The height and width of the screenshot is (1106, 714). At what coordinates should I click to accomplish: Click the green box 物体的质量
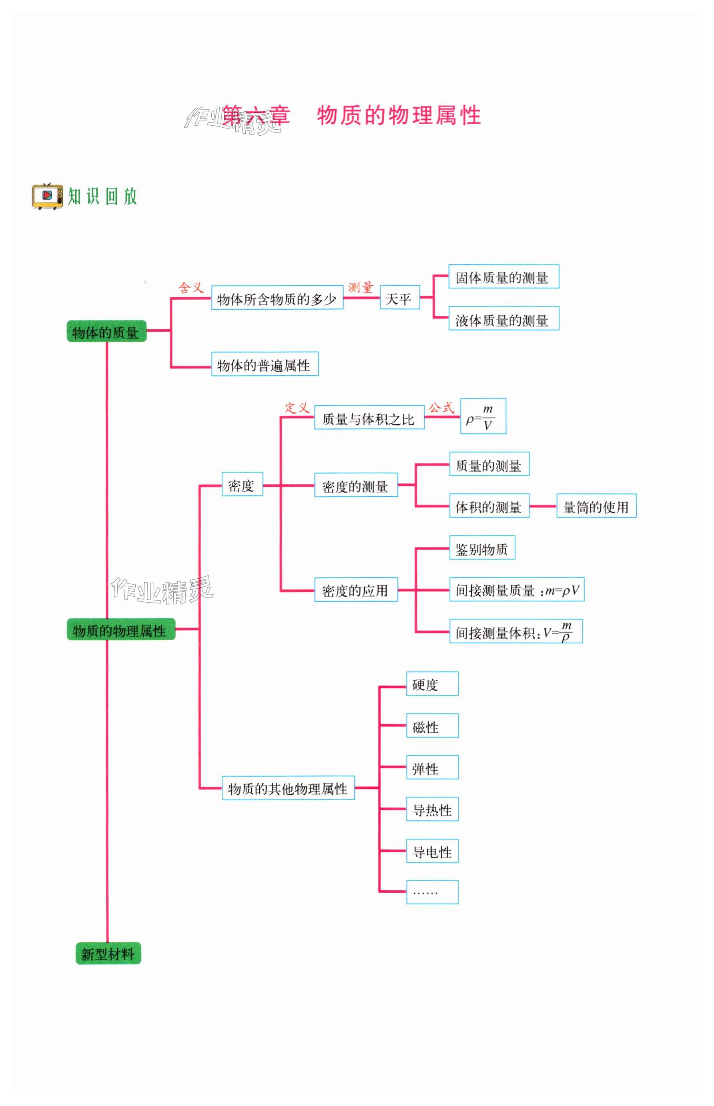pyautogui.click(x=106, y=331)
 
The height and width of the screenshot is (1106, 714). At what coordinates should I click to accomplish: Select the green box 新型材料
pyautogui.click(x=108, y=954)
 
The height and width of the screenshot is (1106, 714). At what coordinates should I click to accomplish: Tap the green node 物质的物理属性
pyautogui.click(x=120, y=629)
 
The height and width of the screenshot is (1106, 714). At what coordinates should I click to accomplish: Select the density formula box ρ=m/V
pyautogui.click(x=483, y=416)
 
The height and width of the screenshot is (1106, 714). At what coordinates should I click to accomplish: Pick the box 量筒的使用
pyautogui.click(x=596, y=506)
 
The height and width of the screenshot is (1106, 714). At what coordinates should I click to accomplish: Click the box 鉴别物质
pyautogui.click(x=482, y=548)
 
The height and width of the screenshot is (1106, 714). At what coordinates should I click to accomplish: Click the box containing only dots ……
pyautogui.click(x=432, y=892)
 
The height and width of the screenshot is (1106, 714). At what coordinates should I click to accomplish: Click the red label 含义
pyautogui.click(x=191, y=288)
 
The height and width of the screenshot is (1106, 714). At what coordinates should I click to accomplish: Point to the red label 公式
pyautogui.click(x=441, y=408)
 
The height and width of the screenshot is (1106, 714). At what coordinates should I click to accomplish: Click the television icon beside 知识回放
pyautogui.click(x=47, y=196)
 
